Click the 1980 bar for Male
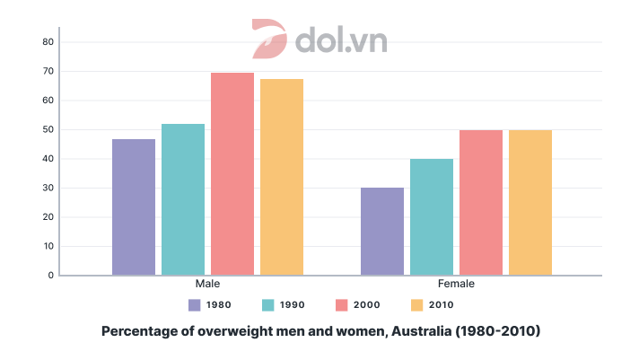[134, 206]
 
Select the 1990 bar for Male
[183, 199]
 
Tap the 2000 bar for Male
[232, 173]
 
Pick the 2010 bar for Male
[282, 177]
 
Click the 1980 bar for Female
[382, 231]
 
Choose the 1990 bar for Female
[432, 216]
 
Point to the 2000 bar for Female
[481, 202]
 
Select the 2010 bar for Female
[530, 202]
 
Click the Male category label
[208, 284]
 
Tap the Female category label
[457, 284]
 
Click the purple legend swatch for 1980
[195, 304]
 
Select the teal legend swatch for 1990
[268, 304]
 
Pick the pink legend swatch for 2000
[342, 304]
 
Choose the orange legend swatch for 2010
[416, 304]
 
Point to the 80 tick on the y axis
[48, 42]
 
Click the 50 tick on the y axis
[48, 129]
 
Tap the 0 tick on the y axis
[51, 276]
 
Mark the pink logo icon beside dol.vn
[268, 39]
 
